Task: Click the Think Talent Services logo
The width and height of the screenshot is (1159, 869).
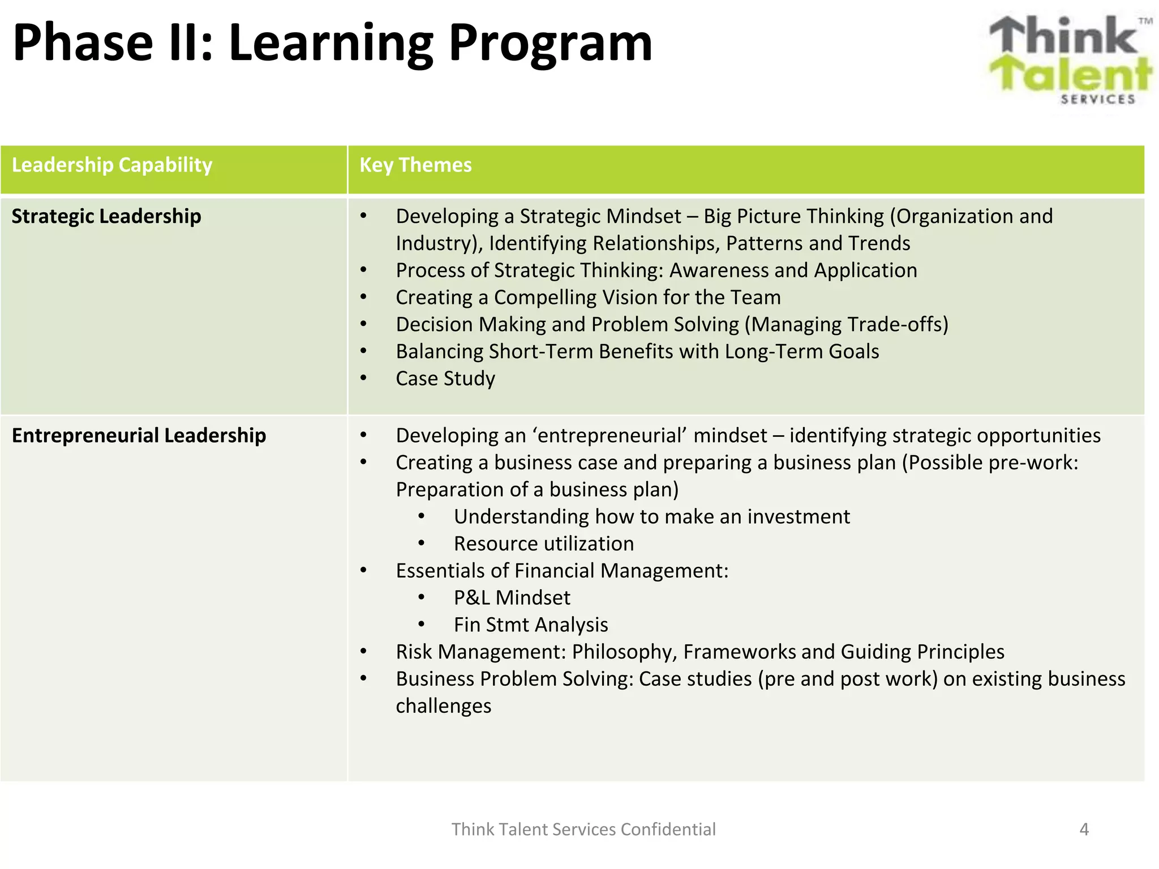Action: [1070, 59]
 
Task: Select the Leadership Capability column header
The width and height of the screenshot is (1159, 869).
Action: [112, 165]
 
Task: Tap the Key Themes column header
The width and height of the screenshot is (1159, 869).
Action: [415, 165]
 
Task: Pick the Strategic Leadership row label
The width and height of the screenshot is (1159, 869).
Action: [106, 217]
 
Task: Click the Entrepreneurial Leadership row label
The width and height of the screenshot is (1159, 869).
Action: [139, 436]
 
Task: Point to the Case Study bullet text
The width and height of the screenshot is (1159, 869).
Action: [445, 378]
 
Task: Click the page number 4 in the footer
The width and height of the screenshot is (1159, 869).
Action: [1084, 829]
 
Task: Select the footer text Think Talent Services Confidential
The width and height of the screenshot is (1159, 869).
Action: [583, 829]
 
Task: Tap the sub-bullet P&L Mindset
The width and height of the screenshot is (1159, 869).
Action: [512, 598]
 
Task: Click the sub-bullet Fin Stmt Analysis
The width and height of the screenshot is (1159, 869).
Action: [531, 625]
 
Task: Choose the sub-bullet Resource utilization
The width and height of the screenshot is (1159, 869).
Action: [543, 544]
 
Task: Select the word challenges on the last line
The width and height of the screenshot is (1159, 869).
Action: [443, 706]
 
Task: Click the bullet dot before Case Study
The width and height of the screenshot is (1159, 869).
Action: [364, 378]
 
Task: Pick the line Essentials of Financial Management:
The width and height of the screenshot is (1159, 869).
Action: [562, 571]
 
